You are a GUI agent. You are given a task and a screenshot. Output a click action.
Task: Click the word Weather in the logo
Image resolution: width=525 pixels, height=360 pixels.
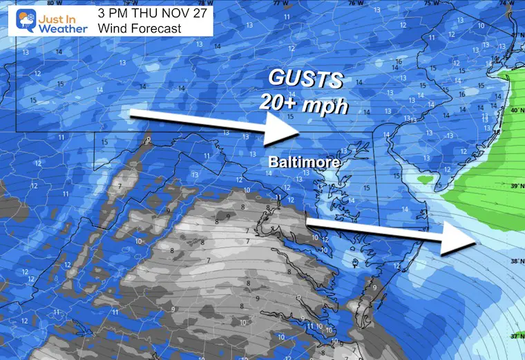pyautogui.click(x=61, y=28)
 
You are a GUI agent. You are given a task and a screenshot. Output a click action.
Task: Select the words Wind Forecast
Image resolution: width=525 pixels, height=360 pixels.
pyautogui.click(x=140, y=29)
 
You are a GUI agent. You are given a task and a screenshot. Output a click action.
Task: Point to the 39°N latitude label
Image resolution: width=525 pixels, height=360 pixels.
pyautogui.click(x=515, y=187)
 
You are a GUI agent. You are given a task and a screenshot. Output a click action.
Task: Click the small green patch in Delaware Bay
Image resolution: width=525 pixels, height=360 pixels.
pyautogui.click(x=426, y=180)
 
